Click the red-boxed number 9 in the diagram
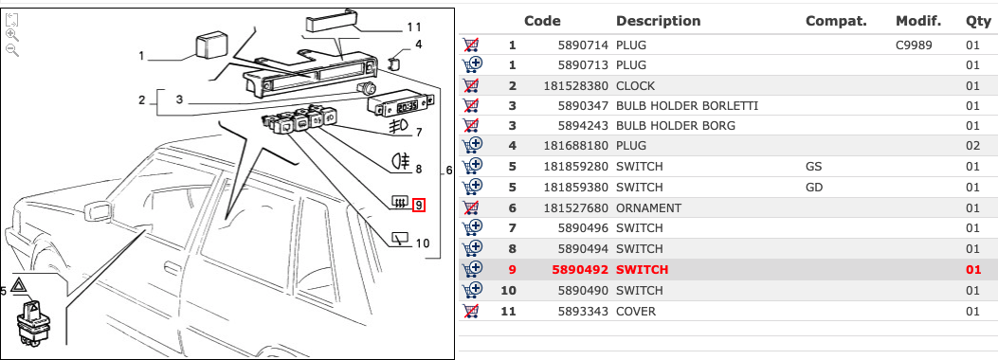pos(419,206)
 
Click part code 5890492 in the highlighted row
pos(580,270)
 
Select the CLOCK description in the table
pos(635,86)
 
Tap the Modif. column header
pos(917,21)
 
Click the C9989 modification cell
pos(914,45)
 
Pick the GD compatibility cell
pos(814,188)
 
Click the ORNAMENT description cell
pos(648,208)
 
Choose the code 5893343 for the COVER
pos(584,312)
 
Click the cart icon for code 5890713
pos(472,64)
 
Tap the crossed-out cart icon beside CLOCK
pos(471,86)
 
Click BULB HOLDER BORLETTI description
pos(687,105)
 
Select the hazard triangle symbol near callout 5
pos(17,284)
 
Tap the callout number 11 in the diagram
pos(414,27)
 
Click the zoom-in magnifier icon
pos(11,35)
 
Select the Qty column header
pos(978,21)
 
